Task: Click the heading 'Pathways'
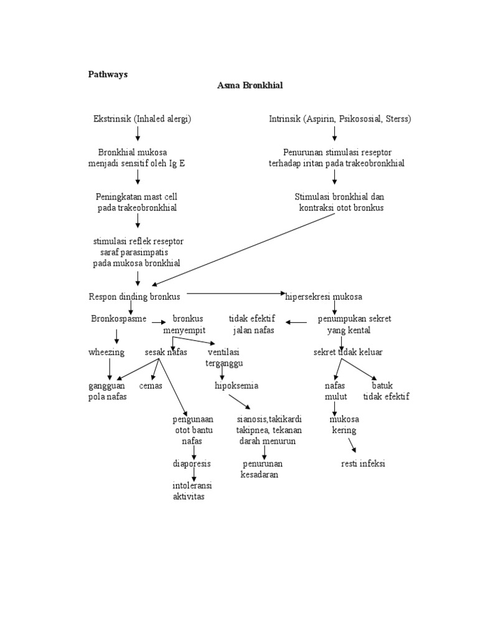point(107,74)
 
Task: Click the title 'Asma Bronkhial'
point(250,85)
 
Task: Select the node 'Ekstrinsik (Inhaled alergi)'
point(142,119)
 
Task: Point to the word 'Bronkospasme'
point(119,318)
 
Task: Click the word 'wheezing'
point(106,352)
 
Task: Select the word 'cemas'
point(151,386)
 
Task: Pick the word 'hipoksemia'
point(237,386)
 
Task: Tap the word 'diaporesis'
point(192,464)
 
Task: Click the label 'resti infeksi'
point(363,464)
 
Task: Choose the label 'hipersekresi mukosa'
point(324,297)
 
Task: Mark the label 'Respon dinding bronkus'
point(134,297)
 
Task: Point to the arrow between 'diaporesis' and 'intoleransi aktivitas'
point(194,475)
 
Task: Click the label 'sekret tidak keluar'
point(348,352)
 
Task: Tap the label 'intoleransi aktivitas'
point(190,491)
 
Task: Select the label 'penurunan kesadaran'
point(261,469)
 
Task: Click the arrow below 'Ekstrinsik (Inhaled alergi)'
point(138,134)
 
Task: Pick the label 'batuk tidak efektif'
point(386,391)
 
